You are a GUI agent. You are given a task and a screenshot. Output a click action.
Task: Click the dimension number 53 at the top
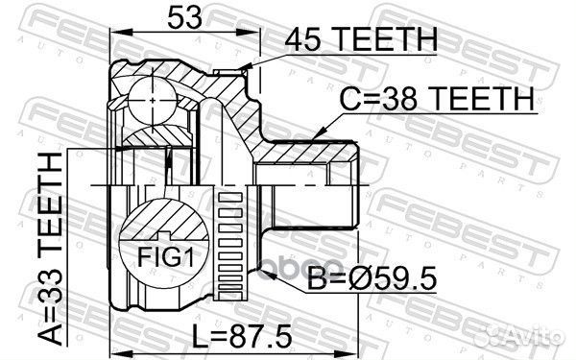click(x=184, y=17)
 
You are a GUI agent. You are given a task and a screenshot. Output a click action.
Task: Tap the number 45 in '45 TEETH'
click(x=303, y=39)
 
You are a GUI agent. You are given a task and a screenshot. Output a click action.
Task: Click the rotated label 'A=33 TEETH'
click(x=51, y=249)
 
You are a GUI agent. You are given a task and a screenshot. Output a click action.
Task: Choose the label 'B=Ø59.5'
click(x=372, y=278)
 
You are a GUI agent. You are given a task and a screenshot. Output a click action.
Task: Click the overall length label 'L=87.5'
click(x=243, y=336)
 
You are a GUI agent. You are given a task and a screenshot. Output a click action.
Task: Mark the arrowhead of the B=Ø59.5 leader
click(x=265, y=274)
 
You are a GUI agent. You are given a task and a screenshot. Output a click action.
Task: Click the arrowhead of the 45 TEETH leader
click(x=247, y=67)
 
